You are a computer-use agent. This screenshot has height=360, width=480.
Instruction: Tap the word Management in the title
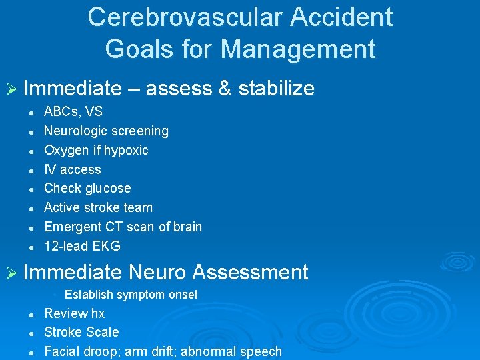click(298, 49)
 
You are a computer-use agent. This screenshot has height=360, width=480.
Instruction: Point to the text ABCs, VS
click(73, 111)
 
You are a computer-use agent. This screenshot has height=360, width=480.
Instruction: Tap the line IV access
click(73, 169)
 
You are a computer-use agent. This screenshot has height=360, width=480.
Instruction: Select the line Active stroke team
click(98, 207)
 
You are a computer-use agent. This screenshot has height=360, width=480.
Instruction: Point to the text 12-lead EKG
click(82, 246)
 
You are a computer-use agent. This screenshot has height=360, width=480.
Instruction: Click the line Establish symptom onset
click(131, 295)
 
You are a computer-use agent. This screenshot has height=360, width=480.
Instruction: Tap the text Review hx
click(74, 313)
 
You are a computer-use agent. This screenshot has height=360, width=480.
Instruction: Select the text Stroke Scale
click(81, 332)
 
